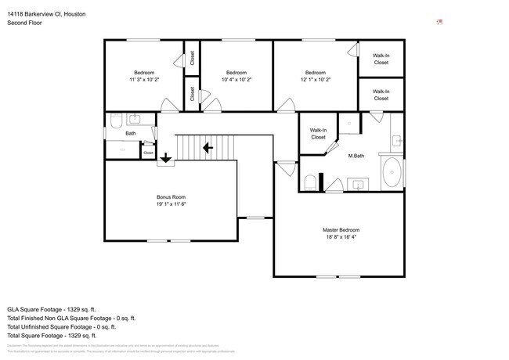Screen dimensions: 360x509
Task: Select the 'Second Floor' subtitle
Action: [x=24, y=23]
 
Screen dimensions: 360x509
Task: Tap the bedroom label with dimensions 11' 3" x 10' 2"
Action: [x=144, y=76]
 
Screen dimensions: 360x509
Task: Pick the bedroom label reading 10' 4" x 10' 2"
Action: [x=236, y=76]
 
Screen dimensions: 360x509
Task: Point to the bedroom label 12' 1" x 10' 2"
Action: [x=315, y=76]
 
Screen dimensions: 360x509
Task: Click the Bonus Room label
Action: [x=171, y=200]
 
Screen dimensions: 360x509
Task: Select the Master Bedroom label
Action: [x=341, y=233]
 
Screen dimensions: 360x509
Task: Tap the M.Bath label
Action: [x=356, y=156]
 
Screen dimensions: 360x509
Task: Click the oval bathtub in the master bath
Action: [x=391, y=172]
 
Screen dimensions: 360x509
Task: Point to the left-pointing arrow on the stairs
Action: [x=208, y=147]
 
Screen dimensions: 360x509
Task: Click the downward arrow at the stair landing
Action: [x=165, y=159]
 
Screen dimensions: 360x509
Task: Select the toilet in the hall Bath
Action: [x=114, y=121]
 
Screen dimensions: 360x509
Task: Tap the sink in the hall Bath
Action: [x=134, y=118]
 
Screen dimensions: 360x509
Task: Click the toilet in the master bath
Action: [x=310, y=182]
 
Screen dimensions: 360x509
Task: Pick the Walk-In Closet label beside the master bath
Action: [x=318, y=134]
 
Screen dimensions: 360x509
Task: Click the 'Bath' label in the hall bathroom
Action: [x=130, y=134]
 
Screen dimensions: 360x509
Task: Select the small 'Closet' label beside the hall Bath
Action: [x=148, y=153]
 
